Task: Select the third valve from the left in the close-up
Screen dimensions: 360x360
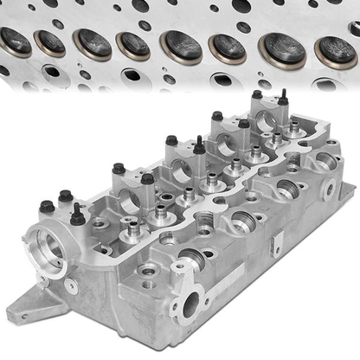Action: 92,42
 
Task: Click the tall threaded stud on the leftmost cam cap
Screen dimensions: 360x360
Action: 77,214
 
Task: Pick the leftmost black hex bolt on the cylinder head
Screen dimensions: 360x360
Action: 45,207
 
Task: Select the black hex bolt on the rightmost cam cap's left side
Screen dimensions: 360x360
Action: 257,94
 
